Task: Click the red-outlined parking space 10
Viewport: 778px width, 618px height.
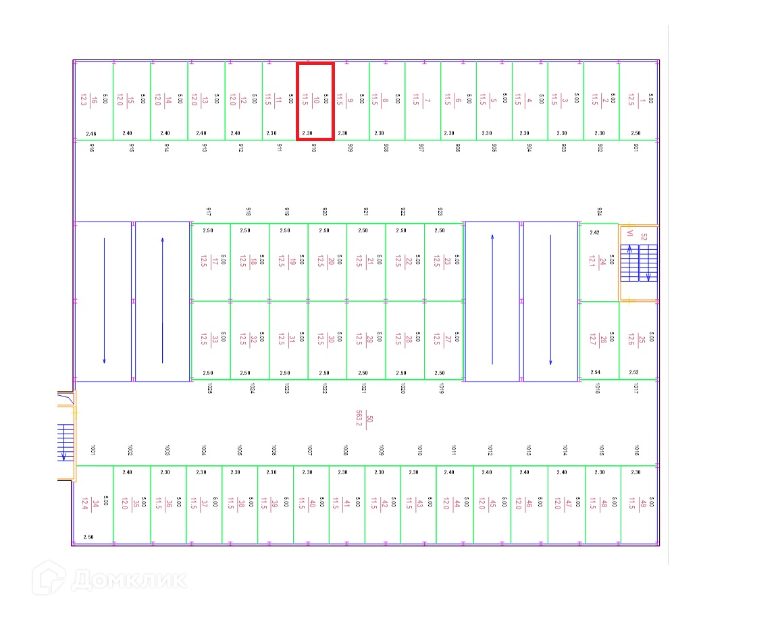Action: pos(315,101)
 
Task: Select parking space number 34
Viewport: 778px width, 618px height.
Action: pos(94,505)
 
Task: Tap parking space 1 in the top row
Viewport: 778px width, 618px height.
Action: pos(639,101)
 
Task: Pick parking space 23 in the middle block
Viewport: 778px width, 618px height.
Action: pos(444,261)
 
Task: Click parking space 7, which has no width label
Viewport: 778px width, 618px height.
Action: pos(423,101)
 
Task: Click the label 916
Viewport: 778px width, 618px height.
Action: pos(92,147)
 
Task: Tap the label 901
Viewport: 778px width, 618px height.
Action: pos(636,147)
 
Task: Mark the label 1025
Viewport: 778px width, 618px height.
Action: pos(210,388)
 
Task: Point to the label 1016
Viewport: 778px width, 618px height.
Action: pos(636,450)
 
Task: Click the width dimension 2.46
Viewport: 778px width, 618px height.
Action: pos(92,134)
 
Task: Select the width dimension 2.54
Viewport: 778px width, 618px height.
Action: pos(595,372)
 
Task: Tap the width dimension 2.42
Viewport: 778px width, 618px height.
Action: pos(594,232)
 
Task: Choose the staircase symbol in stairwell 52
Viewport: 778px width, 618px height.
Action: pos(639,263)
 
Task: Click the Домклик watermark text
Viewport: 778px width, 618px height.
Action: pos(128,580)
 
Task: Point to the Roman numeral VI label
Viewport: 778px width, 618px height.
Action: pos(629,234)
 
